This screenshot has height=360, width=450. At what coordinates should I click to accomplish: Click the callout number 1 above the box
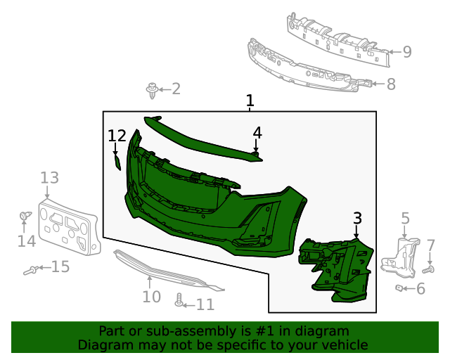[250, 101]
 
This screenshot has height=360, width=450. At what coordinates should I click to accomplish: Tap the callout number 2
[176, 89]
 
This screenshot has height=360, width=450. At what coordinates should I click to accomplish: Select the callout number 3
[357, 219]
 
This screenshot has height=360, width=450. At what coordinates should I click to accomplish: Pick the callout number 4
[257, 132]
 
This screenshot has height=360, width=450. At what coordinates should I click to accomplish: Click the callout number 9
[407, 51]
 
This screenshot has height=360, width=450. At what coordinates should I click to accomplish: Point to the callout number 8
[391, 84]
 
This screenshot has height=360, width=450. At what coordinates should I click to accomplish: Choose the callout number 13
[49, 178]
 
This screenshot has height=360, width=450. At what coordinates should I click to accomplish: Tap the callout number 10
[151, 297]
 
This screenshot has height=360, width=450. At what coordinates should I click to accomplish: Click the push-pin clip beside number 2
[151, 89]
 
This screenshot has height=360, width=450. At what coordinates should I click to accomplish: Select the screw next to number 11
[179, 301]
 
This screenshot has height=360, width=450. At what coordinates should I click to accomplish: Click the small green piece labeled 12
[118, 163]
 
